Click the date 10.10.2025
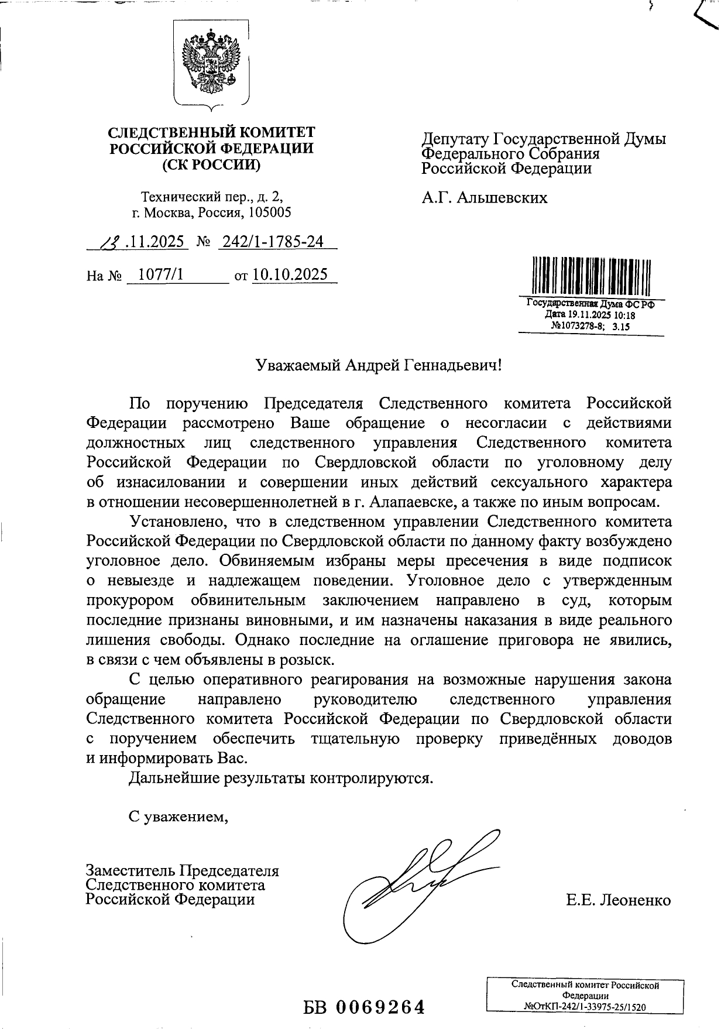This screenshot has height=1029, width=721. click(290, 275)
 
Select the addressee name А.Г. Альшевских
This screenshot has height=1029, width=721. click(485, 197)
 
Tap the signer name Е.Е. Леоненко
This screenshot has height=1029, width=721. click(618, 900)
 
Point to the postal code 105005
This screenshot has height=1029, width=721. click(270, 212)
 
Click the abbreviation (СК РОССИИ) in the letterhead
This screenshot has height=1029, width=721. click(211, 164)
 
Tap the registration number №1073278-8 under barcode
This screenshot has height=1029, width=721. click(577, 327)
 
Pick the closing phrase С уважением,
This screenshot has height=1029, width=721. click(178, 816)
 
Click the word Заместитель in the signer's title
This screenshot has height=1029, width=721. click(130, 870)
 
